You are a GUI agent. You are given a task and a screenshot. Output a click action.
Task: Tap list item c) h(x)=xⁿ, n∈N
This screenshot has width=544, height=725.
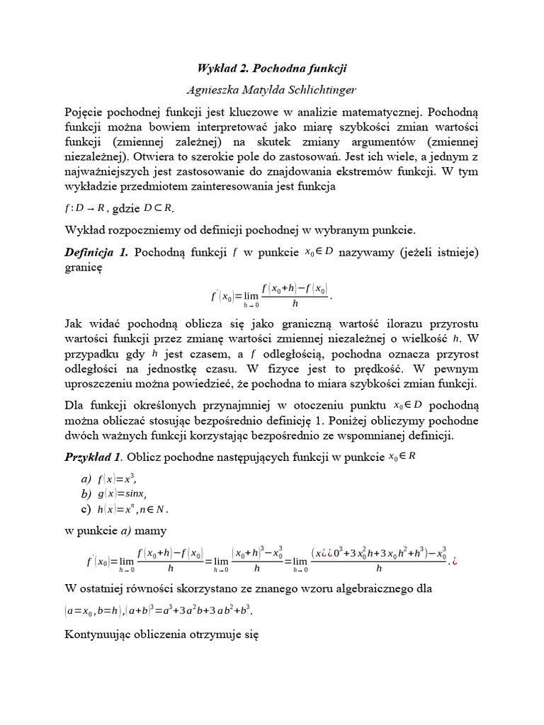pos(125,509)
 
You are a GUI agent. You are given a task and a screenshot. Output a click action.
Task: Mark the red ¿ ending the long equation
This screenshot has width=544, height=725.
pos(457,561)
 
